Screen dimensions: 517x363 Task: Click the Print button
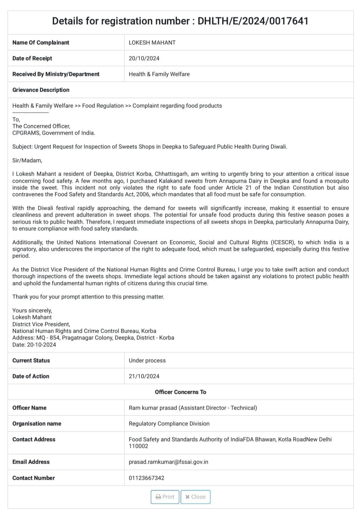click(165, 497)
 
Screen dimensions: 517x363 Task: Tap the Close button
click(195, 497)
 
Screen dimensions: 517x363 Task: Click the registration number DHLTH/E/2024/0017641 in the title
click(253, 21)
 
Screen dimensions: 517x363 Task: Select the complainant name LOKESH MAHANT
click(152, 43)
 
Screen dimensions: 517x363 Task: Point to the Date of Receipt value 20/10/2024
click(144, 58)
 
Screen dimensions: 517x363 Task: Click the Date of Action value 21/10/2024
click(144, 376)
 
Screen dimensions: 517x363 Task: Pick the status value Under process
click(147, 361)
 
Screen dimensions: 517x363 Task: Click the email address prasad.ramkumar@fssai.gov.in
click(168, 462)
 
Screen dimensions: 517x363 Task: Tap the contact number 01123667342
click(147, 478)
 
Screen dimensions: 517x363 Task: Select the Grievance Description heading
click(41, 90)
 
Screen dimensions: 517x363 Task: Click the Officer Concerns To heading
click(180, 392)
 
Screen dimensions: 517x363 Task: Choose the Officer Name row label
click(29, 408)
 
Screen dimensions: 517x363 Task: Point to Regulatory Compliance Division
click(169, 424)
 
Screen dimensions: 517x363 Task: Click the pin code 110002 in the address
click(138, 446)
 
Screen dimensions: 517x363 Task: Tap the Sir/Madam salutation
click(27, 160)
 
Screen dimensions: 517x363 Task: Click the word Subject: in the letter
click(23, 147)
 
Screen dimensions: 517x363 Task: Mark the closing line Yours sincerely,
click(32, 311)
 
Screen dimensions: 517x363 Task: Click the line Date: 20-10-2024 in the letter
click(34, 345)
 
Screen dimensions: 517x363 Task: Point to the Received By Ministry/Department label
click(56, 74)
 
